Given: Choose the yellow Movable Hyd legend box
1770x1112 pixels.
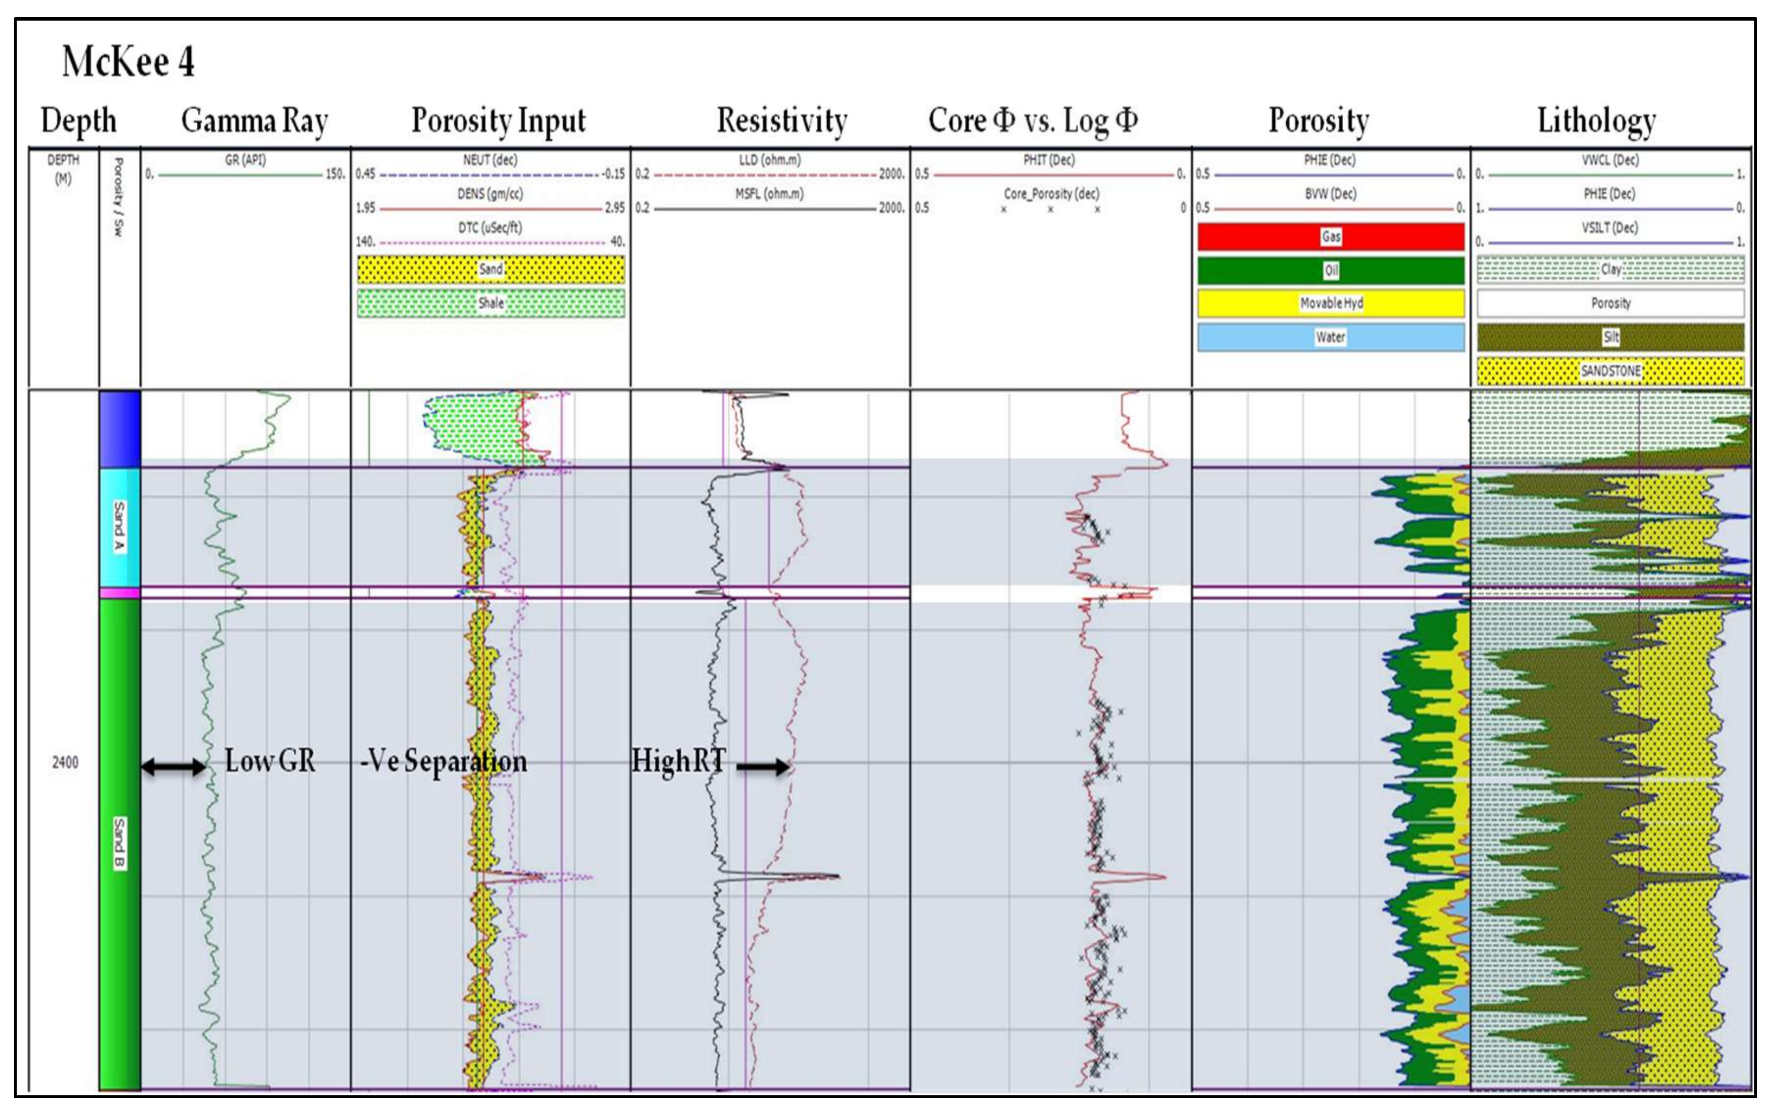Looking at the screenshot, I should [x=1331, y=303].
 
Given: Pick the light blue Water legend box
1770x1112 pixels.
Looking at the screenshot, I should [x=1331, y=337].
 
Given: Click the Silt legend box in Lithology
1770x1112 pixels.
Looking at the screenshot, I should [x=1610, y=337].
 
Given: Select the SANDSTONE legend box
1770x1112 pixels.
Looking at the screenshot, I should [x=1610, y=371].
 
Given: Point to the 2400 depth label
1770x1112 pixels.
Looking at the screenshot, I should [x=65, y=762].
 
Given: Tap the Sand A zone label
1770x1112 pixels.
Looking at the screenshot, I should [x=119, y=526].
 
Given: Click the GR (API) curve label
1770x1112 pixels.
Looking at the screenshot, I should [x=245, y=159].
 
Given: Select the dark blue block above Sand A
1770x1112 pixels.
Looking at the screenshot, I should [x=120, y=429].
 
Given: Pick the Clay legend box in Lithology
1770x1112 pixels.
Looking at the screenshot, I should [x=1610, y=270].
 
